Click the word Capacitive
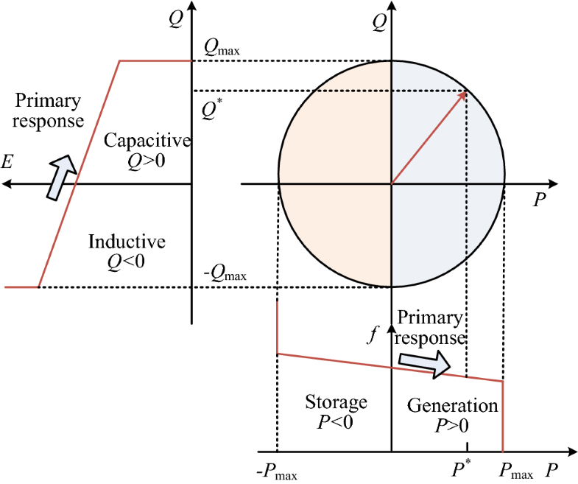[147, 140]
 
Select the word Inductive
[127, 241]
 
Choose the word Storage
[336, 402]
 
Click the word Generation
[453, 406]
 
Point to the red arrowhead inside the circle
[462, 95]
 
